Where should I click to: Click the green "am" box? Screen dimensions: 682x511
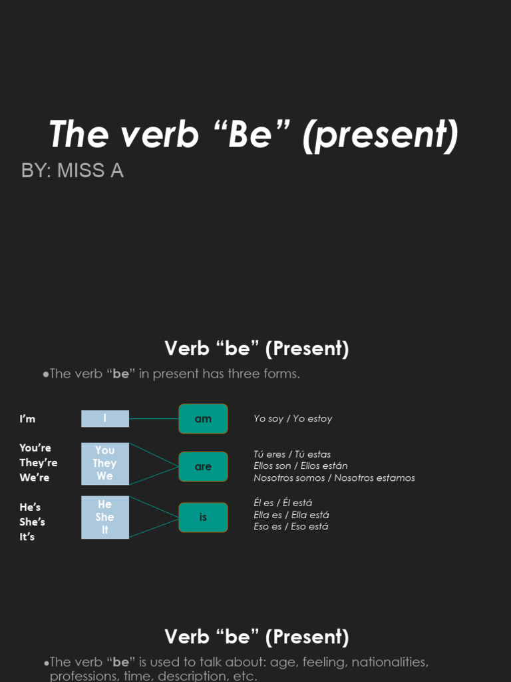203,419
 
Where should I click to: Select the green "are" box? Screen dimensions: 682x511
203,467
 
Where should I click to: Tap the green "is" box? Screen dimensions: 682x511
203,517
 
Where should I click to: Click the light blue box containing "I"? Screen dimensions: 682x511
105,418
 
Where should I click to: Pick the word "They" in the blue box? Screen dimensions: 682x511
104,464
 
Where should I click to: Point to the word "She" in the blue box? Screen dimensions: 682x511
104,517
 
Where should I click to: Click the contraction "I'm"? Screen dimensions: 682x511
27,419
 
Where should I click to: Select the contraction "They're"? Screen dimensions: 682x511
39,463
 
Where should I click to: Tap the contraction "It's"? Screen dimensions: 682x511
27,537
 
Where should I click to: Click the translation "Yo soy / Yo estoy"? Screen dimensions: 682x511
293,419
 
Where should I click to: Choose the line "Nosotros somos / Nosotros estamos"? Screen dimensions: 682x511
334,478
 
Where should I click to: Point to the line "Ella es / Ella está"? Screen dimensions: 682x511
291,515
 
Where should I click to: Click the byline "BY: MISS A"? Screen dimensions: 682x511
73,171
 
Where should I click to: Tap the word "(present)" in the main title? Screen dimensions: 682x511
380,135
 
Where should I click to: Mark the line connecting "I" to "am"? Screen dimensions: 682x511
154,419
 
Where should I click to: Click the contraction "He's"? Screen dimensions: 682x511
30,508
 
